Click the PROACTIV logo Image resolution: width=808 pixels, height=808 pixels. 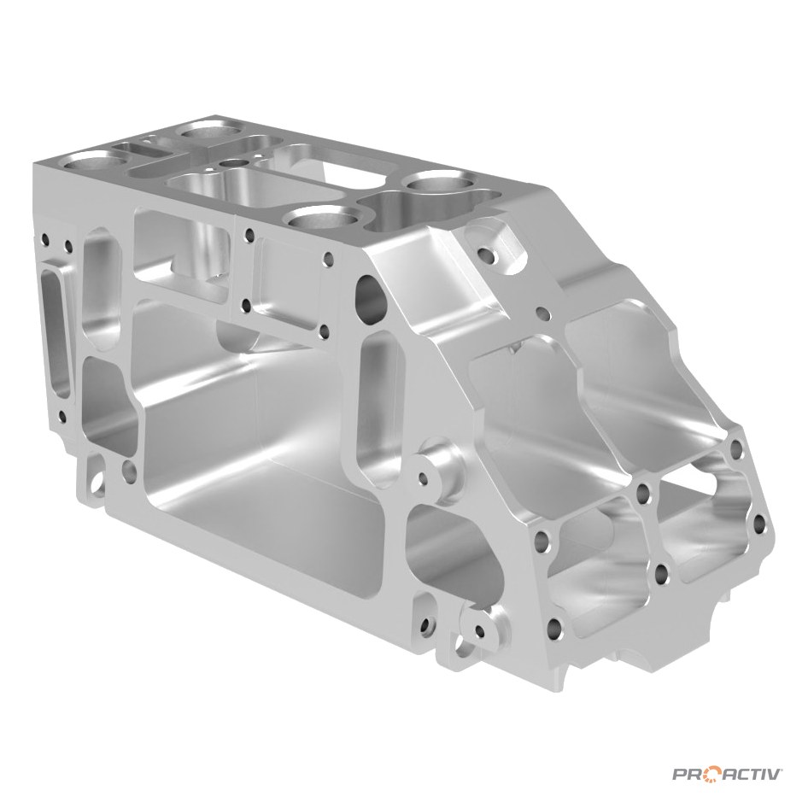tap(728, 774)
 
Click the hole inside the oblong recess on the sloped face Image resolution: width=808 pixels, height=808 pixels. tap(487, 254)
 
